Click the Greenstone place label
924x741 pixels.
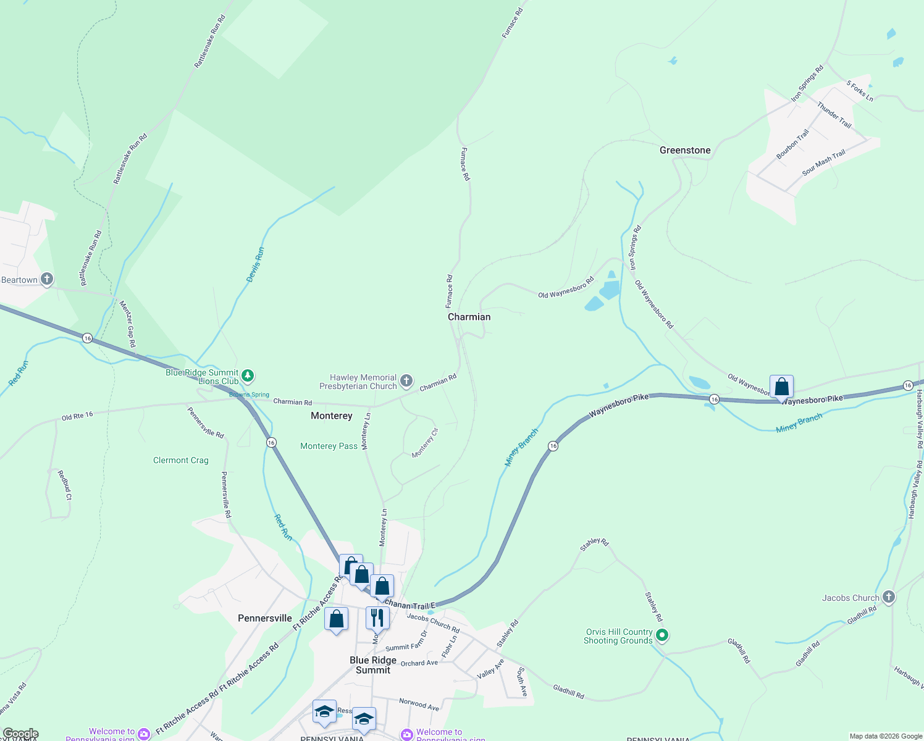coord(684,150)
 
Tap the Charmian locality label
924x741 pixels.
coord(469,317)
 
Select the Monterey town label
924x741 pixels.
coord(331,416)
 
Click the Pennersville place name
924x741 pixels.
coord(264,618)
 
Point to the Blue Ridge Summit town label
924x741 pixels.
coord(372,665)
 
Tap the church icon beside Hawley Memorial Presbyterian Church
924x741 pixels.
coord(406,381)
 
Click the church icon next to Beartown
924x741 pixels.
coord(47,279)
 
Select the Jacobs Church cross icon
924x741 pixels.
coord(888,597)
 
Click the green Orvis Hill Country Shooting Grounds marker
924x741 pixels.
coord(661,635)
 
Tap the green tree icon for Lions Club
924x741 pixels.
coord(247,375)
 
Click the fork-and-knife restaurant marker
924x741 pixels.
coord(377,617)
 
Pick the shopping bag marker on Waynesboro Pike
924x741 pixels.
coord(781,387)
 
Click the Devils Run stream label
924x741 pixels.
coord(255,265)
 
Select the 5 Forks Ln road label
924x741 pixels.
coord(859,91)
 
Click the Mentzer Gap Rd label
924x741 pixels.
coord(127,324)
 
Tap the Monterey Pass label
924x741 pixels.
coord(329,446)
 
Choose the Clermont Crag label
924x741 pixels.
coord(180,460)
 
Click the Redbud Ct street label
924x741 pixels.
coord(65,485)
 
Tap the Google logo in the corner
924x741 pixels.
coord(20,734)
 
